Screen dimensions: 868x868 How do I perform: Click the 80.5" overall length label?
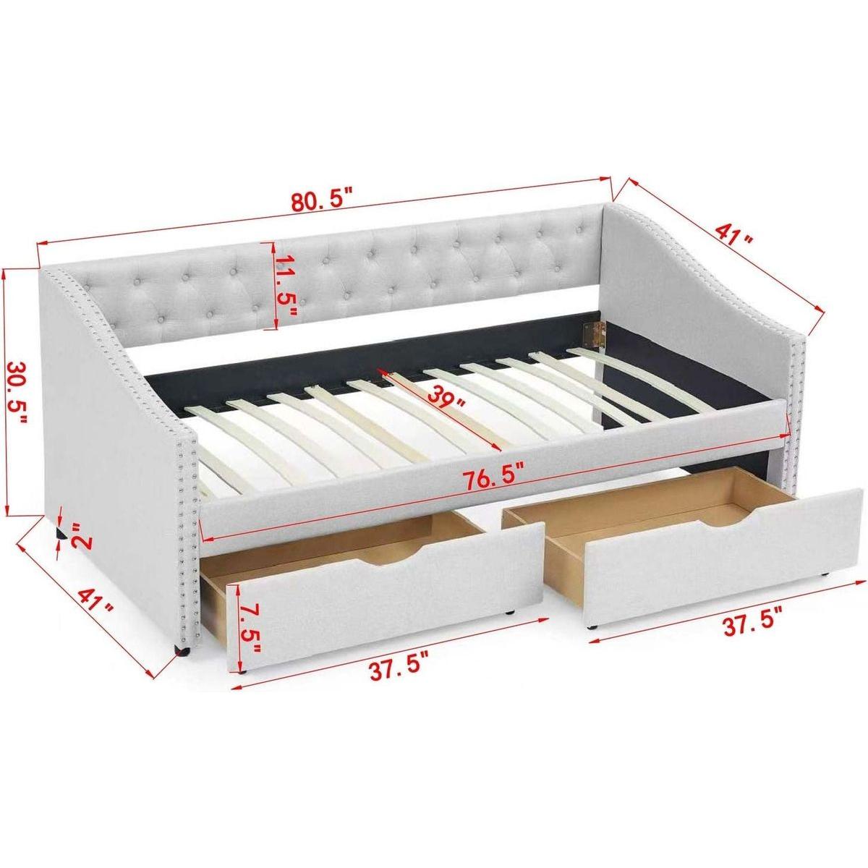(x=323, y=200)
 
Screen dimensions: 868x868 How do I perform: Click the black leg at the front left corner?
(x=181, y=652)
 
